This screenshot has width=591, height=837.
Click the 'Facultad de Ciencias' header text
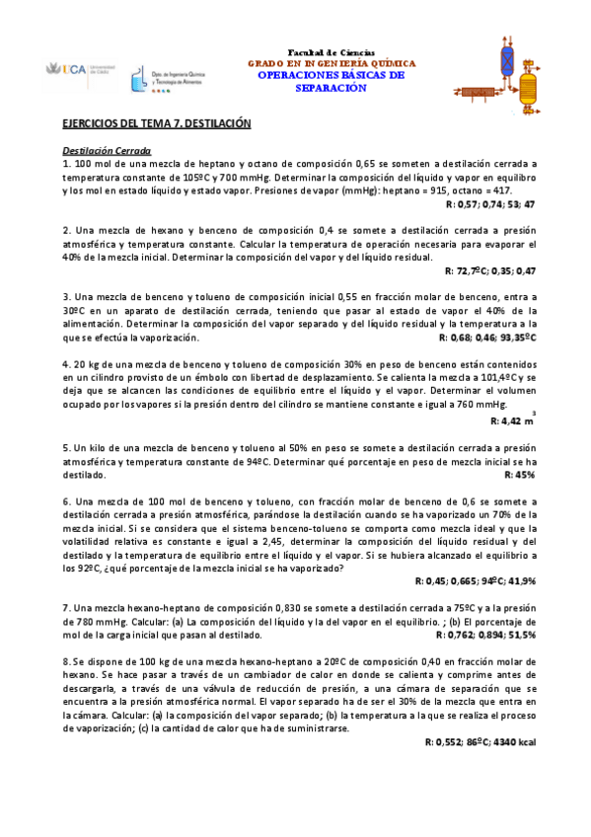point(331,51)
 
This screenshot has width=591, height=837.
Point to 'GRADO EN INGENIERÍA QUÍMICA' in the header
point(331,62)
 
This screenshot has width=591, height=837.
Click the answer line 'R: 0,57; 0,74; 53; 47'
point(490,203)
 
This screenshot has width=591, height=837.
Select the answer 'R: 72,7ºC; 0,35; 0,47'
point(490,270)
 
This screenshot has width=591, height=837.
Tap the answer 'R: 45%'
point(519,475)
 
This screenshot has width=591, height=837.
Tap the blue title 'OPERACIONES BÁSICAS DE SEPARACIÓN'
point(331,81)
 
